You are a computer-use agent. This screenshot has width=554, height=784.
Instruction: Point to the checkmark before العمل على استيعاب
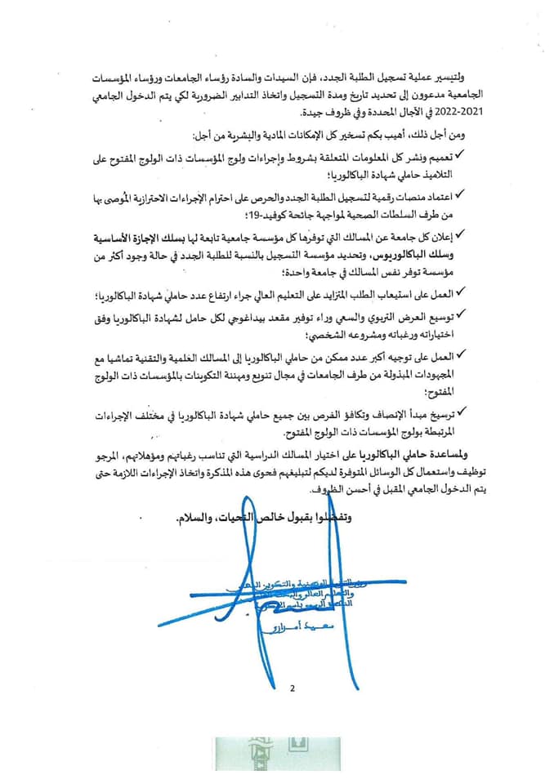tap(460, 292)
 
